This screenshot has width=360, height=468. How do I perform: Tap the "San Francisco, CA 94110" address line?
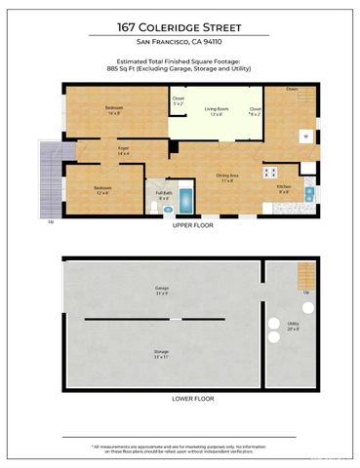(x=180, y=44)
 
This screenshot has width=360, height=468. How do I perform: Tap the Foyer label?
(x=124, y=151)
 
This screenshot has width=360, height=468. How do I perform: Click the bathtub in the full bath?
(x=184, y=199)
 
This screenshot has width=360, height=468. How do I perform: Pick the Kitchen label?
(x=283, y=187)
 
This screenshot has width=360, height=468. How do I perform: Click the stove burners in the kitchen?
(x=269, y=172)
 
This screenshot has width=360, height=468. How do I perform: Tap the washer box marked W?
(x=305, y=136)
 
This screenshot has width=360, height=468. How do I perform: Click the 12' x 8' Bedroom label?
(x=102, y=189)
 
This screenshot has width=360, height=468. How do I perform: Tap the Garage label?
(x=162, y=291)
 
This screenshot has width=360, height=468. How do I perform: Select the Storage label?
(x=162, y=354)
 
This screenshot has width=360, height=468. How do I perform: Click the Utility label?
(x=293, y=326)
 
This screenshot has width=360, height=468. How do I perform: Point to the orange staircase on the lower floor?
(x=305, y=276)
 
